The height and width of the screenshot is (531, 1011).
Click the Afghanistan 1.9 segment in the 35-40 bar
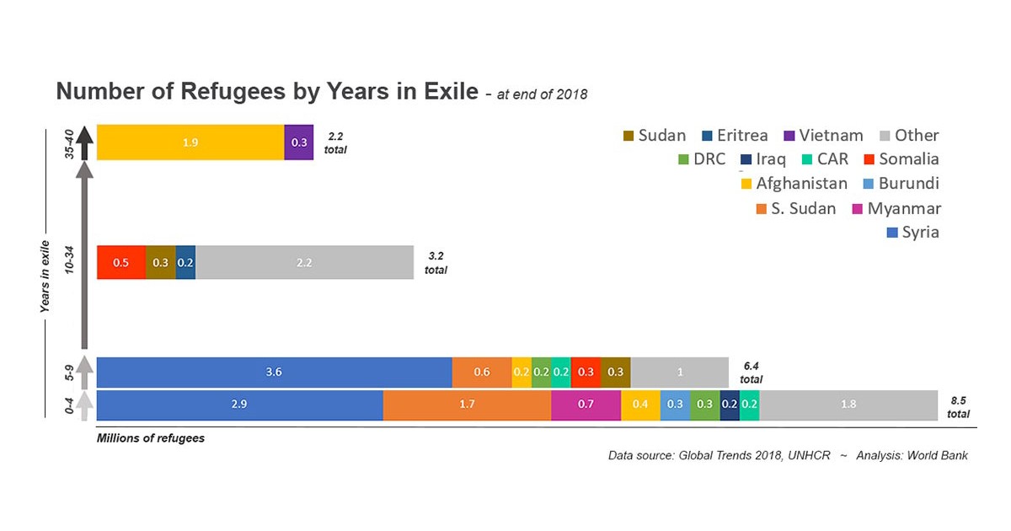(190, 142)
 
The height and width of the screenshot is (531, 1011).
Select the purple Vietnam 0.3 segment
(298, 142)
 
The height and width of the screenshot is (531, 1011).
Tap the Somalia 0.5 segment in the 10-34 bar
(121, 262)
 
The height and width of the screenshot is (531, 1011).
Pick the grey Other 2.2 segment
(304, 262)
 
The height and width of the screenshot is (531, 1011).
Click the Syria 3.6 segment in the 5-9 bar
(274, 372)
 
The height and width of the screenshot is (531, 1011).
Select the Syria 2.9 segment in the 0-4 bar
(239, 405)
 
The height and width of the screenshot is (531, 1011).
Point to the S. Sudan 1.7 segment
(467, 405)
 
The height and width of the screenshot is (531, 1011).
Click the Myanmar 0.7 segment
(586, 405)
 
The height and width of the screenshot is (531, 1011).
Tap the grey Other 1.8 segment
(848, 405)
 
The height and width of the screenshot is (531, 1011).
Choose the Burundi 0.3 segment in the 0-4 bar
(675, 405)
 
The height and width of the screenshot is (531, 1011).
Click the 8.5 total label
(958, 408)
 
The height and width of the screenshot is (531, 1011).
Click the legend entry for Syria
(913, 232)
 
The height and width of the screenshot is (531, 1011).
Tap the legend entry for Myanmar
(897, 208)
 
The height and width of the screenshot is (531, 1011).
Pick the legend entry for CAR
(824, 159)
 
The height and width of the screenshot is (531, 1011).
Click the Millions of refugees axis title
(151, 438)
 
